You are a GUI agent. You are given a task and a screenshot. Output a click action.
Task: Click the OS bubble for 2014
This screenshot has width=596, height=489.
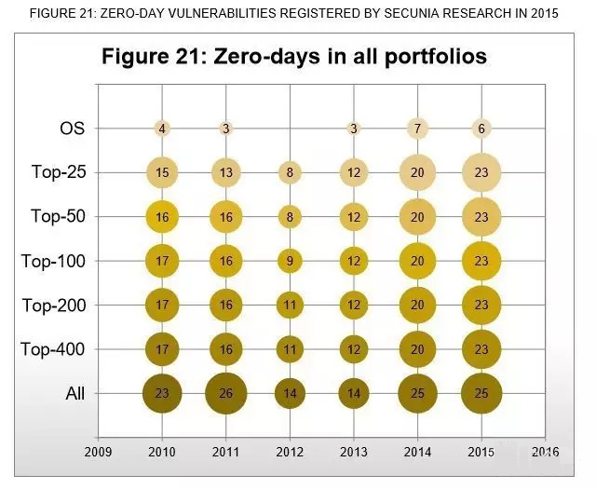[x=417, y=129]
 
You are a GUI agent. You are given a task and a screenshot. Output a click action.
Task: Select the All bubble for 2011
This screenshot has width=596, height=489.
[x=226, y=393]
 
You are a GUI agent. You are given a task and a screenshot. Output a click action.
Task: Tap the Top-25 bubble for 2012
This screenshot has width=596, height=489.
[x=290, y=172]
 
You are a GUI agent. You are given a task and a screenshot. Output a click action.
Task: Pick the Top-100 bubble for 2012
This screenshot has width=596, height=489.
[x=290, y=261]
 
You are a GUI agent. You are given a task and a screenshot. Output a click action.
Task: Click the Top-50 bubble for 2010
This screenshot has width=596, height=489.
[x=162, y=216]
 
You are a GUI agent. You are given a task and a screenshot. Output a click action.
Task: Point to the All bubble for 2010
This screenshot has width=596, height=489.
[x=162, y=393]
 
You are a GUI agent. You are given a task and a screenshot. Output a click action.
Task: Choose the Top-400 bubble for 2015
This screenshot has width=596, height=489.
[x=481, y=349]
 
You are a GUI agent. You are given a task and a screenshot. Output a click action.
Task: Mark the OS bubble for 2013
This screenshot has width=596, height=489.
[x=354, y=129]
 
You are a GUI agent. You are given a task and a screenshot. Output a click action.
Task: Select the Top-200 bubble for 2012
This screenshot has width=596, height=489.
[x=290, y=305]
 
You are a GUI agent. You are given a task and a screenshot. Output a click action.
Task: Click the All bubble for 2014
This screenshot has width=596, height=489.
[x=417, y=393]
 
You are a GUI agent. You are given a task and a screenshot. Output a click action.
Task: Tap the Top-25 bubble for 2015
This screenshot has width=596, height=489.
[x=481, y=172]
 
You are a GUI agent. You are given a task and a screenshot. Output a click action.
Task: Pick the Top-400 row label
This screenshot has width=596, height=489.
[x=53, y=349]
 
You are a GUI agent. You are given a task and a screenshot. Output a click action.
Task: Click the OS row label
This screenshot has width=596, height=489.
[x=72, y=129]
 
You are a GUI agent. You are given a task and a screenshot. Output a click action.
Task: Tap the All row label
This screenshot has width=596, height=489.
[x=74, y=393]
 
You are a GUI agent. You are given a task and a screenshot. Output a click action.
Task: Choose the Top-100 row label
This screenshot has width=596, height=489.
[x=53, y=261]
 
